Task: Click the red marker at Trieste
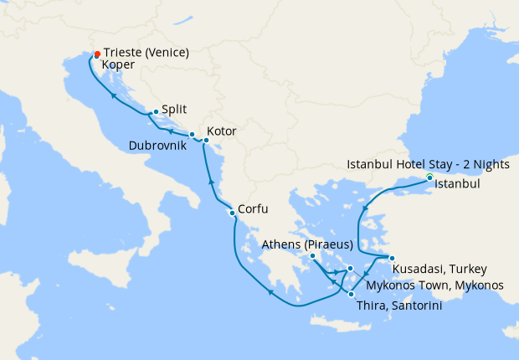coord(98,54)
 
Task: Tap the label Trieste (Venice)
coord(146,52)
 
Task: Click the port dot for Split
coord(156,111)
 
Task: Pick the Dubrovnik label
coord(157,146)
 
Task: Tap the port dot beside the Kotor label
coord(206,141)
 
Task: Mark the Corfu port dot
coord(232,213)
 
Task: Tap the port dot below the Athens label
coord(312,255)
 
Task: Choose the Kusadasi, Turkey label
coord(434,270)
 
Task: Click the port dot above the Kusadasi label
coord(391,258)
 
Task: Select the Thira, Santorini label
coord(398,306)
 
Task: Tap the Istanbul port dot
coord(429,177)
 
